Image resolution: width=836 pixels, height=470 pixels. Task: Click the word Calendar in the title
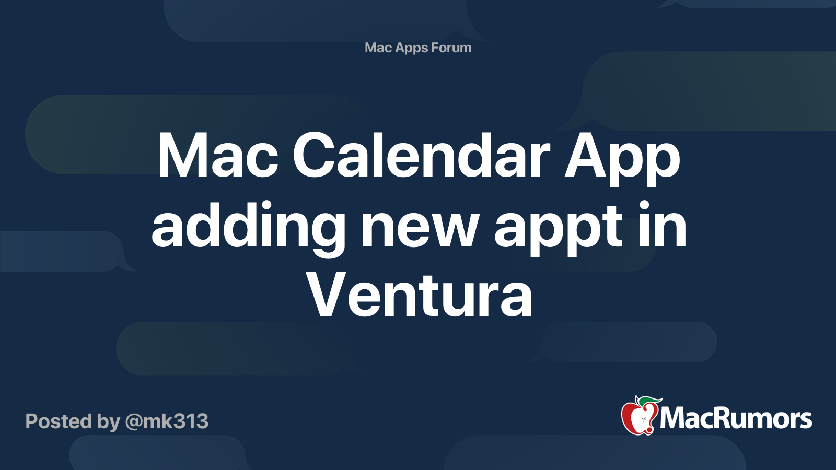coord(421,156)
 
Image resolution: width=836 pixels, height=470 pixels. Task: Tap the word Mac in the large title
coord(217,156)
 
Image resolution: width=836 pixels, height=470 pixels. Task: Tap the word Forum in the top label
coord(451,48)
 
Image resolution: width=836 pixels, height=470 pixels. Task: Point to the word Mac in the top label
coord(378,48)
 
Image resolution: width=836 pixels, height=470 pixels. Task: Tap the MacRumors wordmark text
coord(736,419)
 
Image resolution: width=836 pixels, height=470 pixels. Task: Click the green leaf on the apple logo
coord(649,401)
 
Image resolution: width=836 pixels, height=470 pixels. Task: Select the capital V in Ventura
coord(329,295)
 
